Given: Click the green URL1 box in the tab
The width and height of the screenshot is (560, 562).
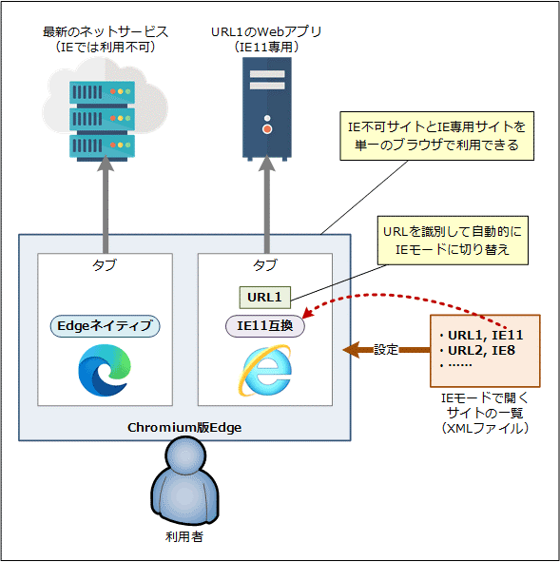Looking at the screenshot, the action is coord(264,297).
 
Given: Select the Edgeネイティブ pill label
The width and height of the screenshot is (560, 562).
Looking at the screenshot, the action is coord(105,326).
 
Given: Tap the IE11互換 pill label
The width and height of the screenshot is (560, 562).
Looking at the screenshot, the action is coord(264,326).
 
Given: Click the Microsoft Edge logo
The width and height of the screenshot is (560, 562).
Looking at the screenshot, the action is coord(105,370).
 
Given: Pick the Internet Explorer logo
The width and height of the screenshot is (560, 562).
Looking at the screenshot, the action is coord(265,371).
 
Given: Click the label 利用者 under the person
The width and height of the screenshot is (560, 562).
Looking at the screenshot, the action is coord(184,536).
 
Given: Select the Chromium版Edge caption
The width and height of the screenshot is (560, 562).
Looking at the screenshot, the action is coord(184,427).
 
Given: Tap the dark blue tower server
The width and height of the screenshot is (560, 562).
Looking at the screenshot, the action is coord(267,108).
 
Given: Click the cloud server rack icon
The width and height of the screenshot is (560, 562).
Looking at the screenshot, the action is coord(102,121).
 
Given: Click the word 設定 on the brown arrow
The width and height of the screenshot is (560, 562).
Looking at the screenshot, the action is coord(386,349).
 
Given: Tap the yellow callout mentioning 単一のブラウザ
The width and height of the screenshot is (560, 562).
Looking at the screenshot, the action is coord(436,136).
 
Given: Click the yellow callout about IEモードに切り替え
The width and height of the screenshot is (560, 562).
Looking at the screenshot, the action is coord(453,241).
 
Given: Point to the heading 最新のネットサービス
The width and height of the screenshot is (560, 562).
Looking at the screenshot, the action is coord(106,32).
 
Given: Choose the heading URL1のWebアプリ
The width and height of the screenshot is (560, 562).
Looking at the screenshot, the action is coord(266,32).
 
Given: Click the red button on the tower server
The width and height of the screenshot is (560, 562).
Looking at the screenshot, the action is coord(267,129).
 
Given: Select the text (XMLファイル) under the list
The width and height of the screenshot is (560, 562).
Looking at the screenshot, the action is coord(485,428).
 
